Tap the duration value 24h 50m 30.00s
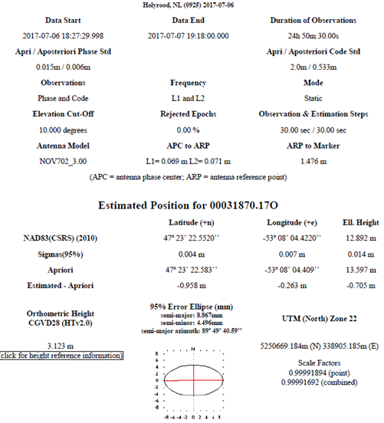click(x=308, y=35)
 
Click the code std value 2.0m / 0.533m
click(x=309, y=67)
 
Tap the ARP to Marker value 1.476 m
click(x=309, y=161)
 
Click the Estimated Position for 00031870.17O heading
click(x=192, y=205)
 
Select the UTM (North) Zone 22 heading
click(x=310, y=317)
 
